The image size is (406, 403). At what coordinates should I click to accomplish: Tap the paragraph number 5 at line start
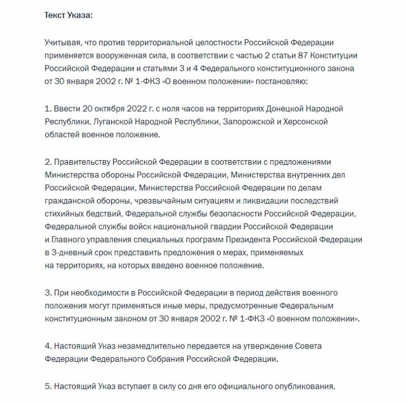click(47, 386)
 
